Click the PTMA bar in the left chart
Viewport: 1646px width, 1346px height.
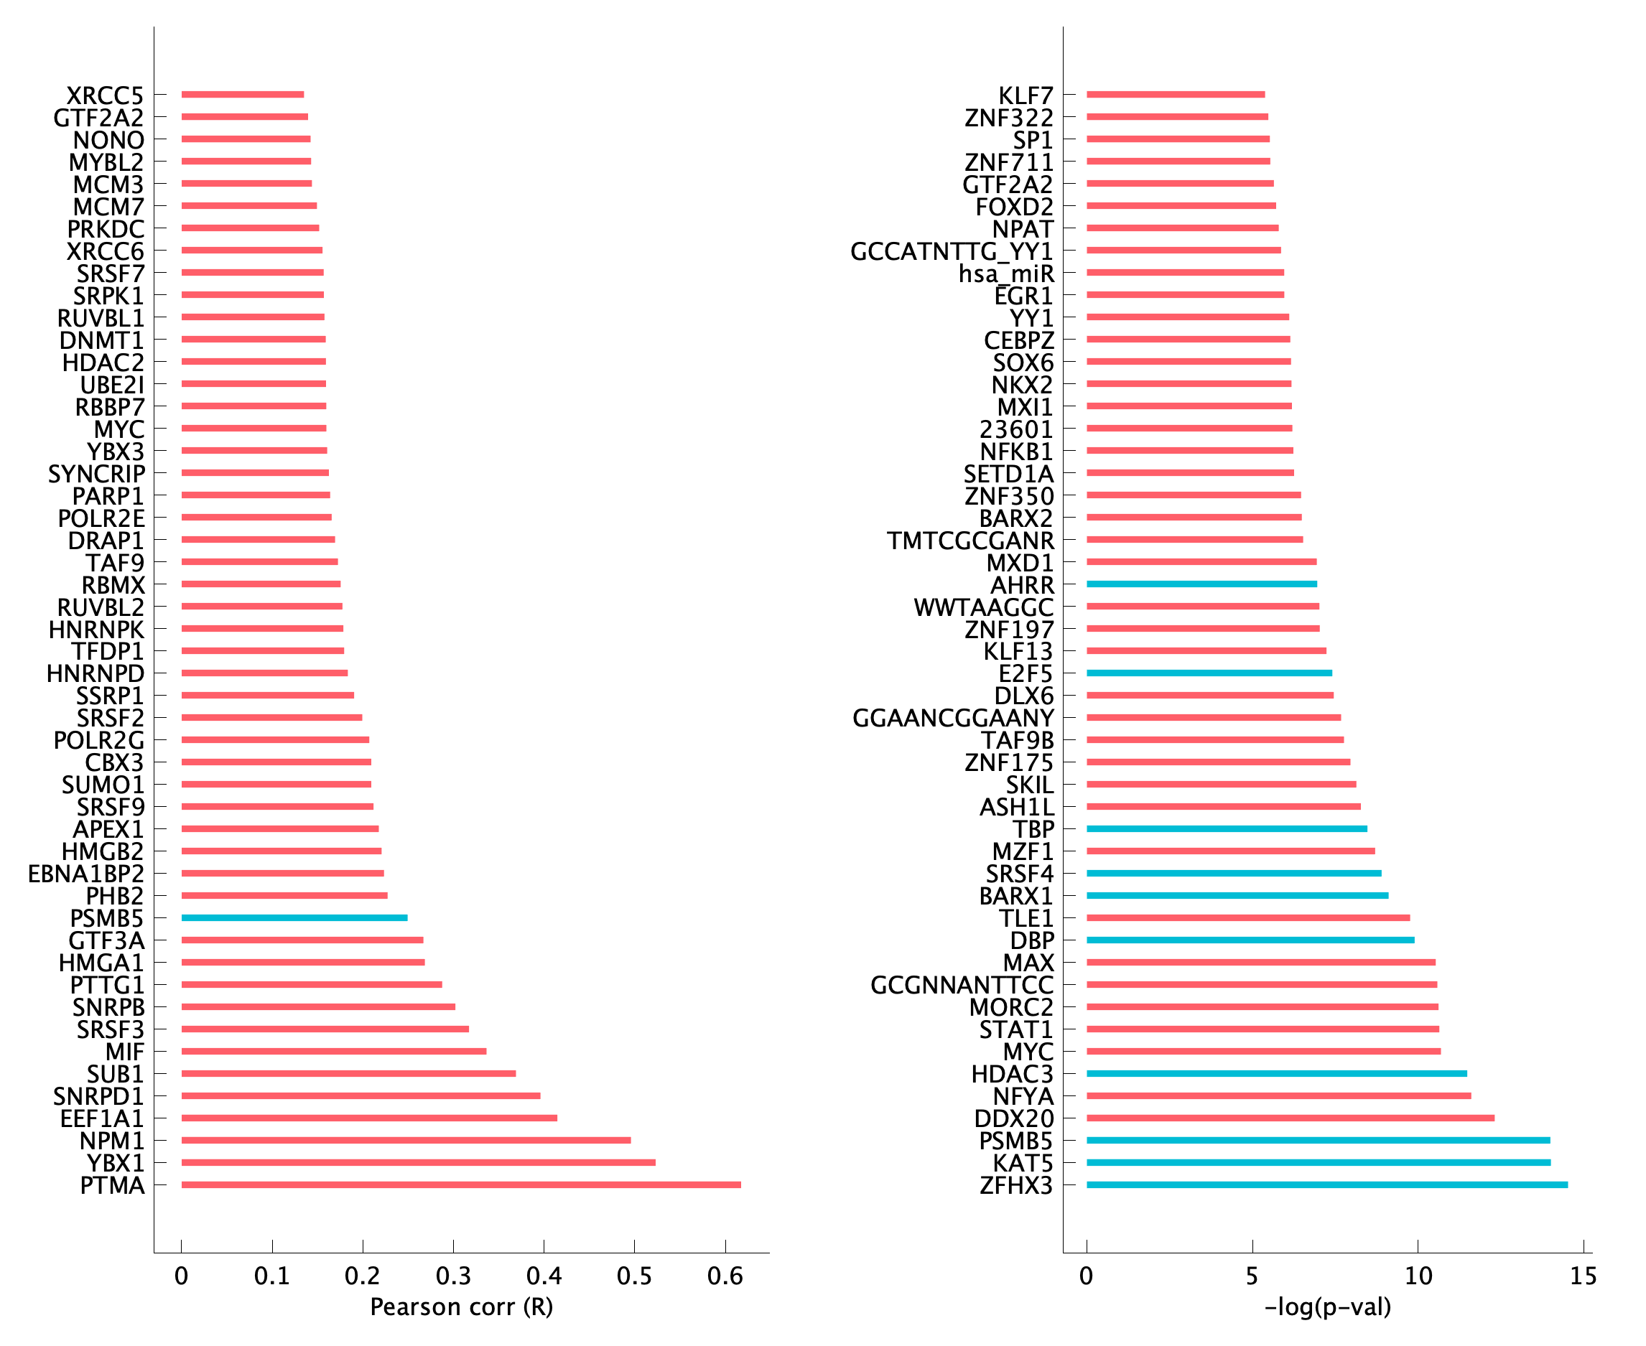[461, 1184]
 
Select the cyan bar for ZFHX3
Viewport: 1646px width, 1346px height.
[1326, 1184]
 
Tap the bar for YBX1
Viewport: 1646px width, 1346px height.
[418, 1162]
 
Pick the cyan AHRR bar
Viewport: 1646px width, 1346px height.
[1201, 584]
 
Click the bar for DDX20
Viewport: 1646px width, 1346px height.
[1290, 1118]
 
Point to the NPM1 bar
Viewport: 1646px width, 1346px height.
[406, 1141]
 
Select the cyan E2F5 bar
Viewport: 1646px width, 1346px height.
[1209, 673]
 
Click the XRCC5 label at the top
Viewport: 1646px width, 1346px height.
[105, 95]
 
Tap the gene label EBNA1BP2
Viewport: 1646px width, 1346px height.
[86, 874]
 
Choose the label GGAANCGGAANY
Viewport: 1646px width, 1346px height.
[952, 718]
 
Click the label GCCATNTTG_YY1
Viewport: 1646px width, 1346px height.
[951, 251]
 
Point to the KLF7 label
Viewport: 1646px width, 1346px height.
[1026, 95]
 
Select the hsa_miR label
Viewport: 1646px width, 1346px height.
[1006, 274]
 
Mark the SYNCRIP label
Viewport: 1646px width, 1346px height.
[96, 474]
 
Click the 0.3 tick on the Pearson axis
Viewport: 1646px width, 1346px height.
[453, 1276]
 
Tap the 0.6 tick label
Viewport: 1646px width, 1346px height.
[725, 1276]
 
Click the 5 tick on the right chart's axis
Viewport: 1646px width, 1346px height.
[1252, 1276]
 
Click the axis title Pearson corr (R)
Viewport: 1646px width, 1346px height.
[462, 1307]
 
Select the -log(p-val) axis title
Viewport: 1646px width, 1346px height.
[1327, 1307]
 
